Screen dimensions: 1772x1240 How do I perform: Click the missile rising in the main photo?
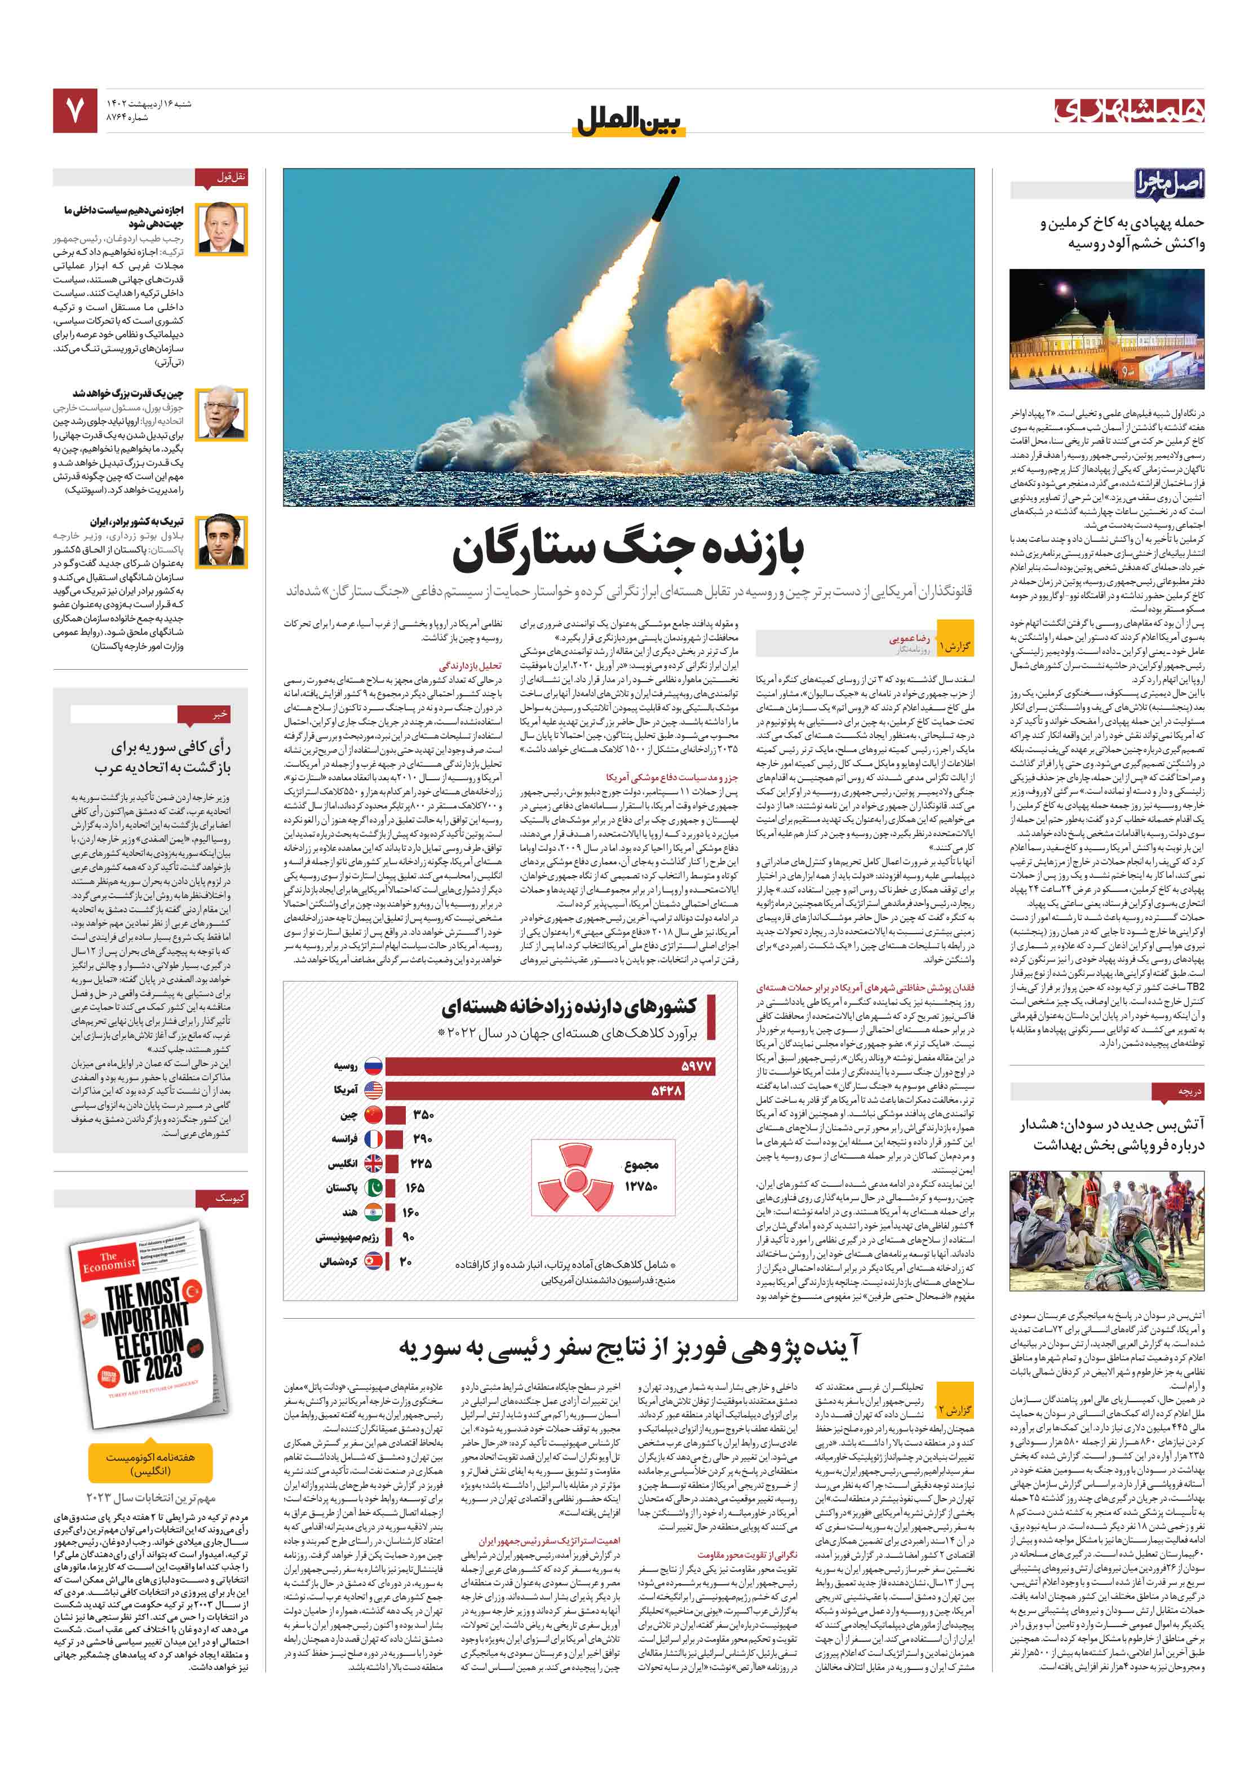pyautogui.click(x=666, y=200)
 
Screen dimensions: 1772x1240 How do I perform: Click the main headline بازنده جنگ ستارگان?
pyautogui.click(x=627, y=550)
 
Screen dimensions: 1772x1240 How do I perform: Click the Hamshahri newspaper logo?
pyautogui.click(x=1128, y=111)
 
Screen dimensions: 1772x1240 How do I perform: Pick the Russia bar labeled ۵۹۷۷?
pyautogui.click(x=550, y=1066)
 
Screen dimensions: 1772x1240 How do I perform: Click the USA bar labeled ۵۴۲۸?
pyautogui.click(x=534, y=1090)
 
